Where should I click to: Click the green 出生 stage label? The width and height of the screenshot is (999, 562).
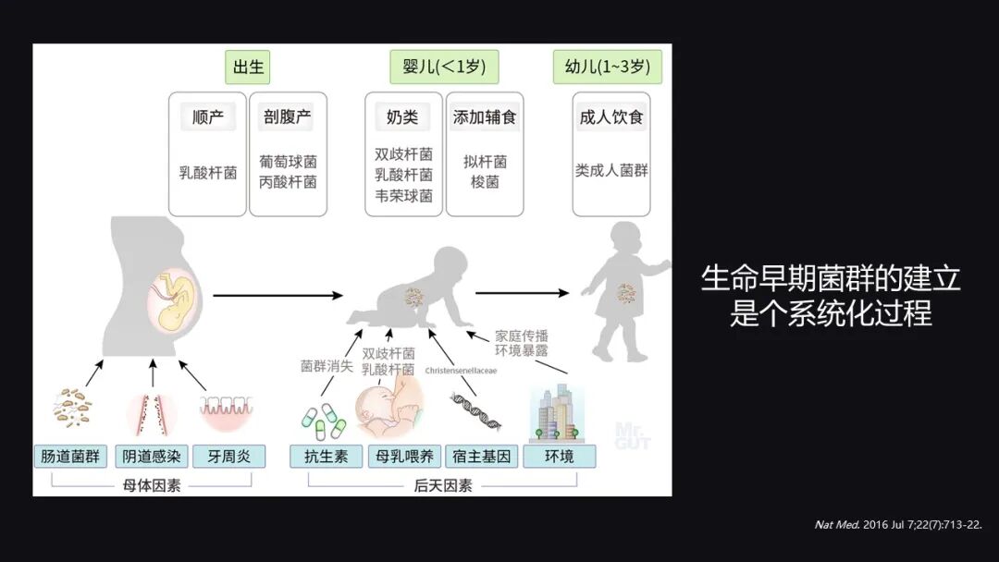pos(249,67)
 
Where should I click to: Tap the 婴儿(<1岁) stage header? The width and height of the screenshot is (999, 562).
pos(444,67)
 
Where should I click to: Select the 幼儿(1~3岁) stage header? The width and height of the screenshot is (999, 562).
pos(607,67)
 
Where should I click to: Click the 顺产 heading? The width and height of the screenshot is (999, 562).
pos(208,117)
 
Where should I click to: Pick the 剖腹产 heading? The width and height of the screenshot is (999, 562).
pos(288,117)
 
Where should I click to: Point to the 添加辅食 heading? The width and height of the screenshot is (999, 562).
pos(484,117)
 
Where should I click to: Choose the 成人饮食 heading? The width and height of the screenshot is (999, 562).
pos(610,117)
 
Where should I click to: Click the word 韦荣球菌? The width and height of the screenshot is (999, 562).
pos(403,196)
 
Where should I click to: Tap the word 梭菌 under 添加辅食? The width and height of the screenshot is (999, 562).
pos(485,182)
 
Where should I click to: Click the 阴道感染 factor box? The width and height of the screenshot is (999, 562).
pos(151,457)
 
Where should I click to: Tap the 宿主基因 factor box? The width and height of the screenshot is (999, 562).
pos(481,457)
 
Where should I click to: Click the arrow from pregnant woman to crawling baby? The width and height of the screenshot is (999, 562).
pos(277,296)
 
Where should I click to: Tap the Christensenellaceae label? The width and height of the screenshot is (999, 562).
pos(461,370)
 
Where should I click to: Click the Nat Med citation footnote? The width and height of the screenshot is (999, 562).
pos(897,524)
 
